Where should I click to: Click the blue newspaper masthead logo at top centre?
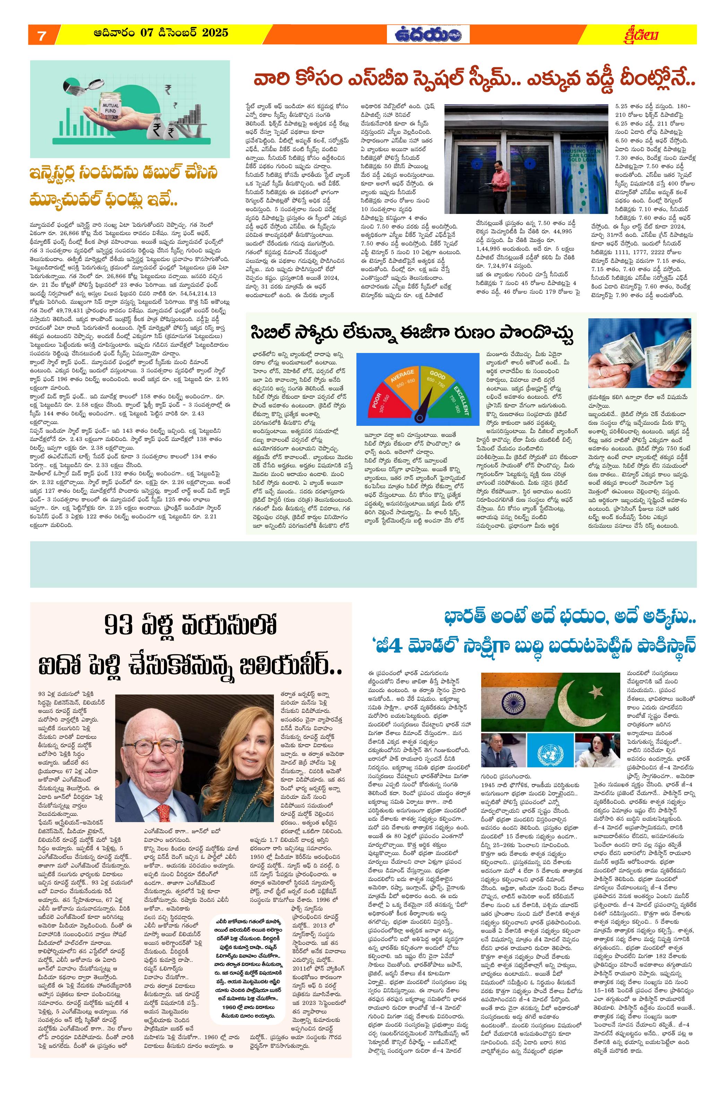(428, 35)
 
